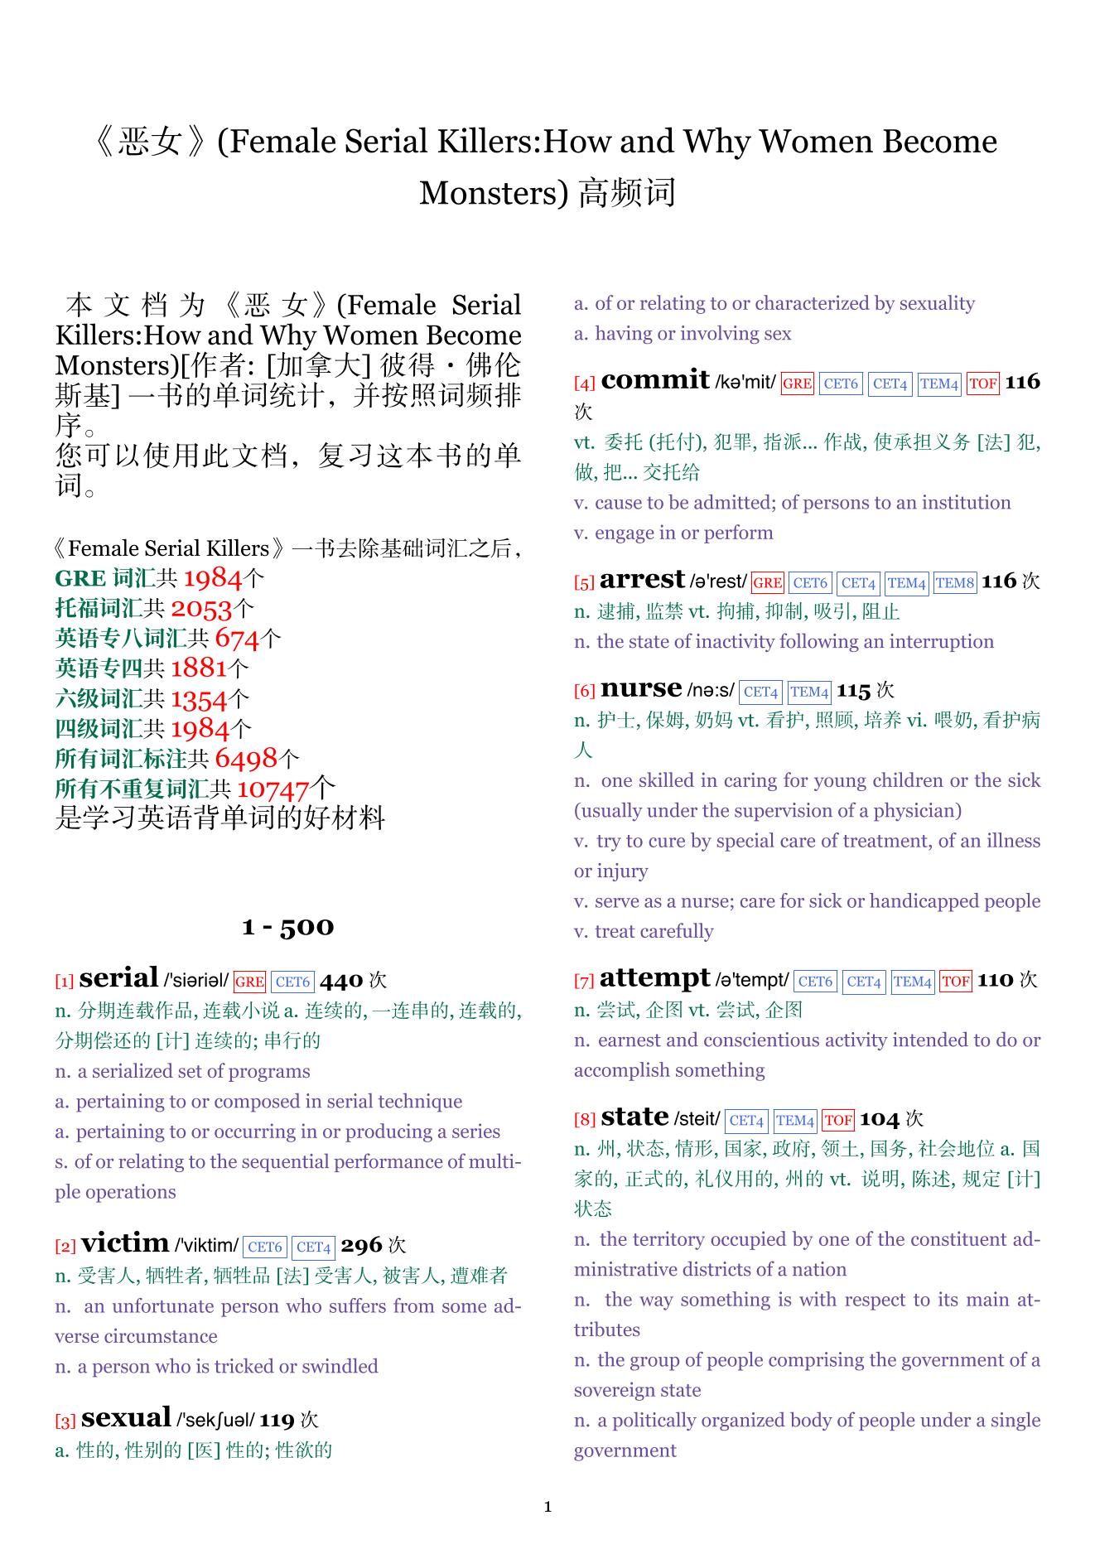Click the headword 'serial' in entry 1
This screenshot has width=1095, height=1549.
[119, 978]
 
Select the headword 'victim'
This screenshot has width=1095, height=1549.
[125, 1243]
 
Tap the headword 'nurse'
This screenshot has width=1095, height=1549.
[640, 688]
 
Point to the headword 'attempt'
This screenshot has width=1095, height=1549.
[654, 978]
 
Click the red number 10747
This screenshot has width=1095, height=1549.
[273, 789]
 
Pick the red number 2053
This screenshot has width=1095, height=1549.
[201, 609]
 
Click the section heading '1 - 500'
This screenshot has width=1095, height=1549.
[287, 926]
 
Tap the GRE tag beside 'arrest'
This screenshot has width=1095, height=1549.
[767, 583]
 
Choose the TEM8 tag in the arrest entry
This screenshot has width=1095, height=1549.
[955, 583]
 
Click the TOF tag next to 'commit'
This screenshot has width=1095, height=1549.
[982, 384]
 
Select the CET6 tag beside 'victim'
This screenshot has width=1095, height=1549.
[265, 1247]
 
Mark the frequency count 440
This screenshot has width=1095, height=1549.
[341, 981]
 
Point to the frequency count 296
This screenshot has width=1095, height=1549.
[361, 1246]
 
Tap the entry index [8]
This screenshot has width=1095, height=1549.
[585, 1120]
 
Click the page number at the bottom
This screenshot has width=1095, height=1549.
[547, 1507]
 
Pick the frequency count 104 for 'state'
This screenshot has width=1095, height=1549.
[879, 1120]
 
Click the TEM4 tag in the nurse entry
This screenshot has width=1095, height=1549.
[808, 692]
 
